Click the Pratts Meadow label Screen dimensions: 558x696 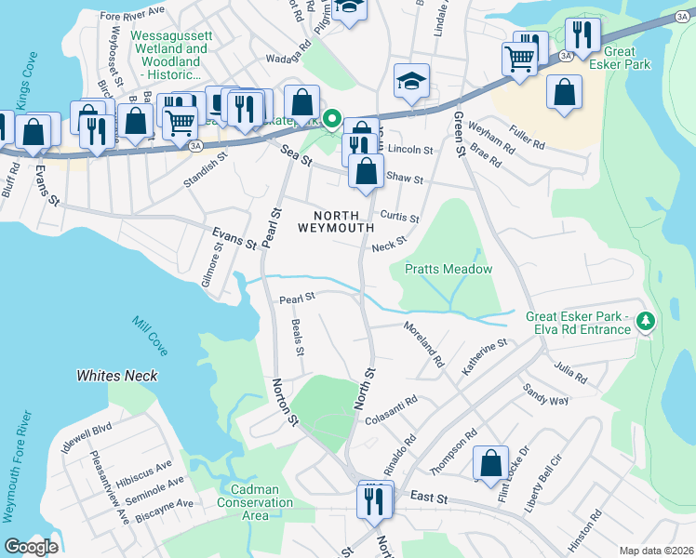pos(448,269)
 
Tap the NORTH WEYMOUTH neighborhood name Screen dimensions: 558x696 pos(336,220)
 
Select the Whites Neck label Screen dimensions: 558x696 pos(116,376)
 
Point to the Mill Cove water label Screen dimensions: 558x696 pos(150,337)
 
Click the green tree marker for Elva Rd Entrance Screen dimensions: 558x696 pos(645,322)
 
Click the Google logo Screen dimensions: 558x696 pos(31,547)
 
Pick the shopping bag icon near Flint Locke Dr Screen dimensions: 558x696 pos(490,463)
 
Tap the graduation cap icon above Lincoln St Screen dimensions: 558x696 pos(410,81)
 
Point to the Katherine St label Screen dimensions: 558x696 pos(484,357)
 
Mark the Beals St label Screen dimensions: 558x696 pos(297,339)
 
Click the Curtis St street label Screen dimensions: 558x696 pos(399,217)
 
